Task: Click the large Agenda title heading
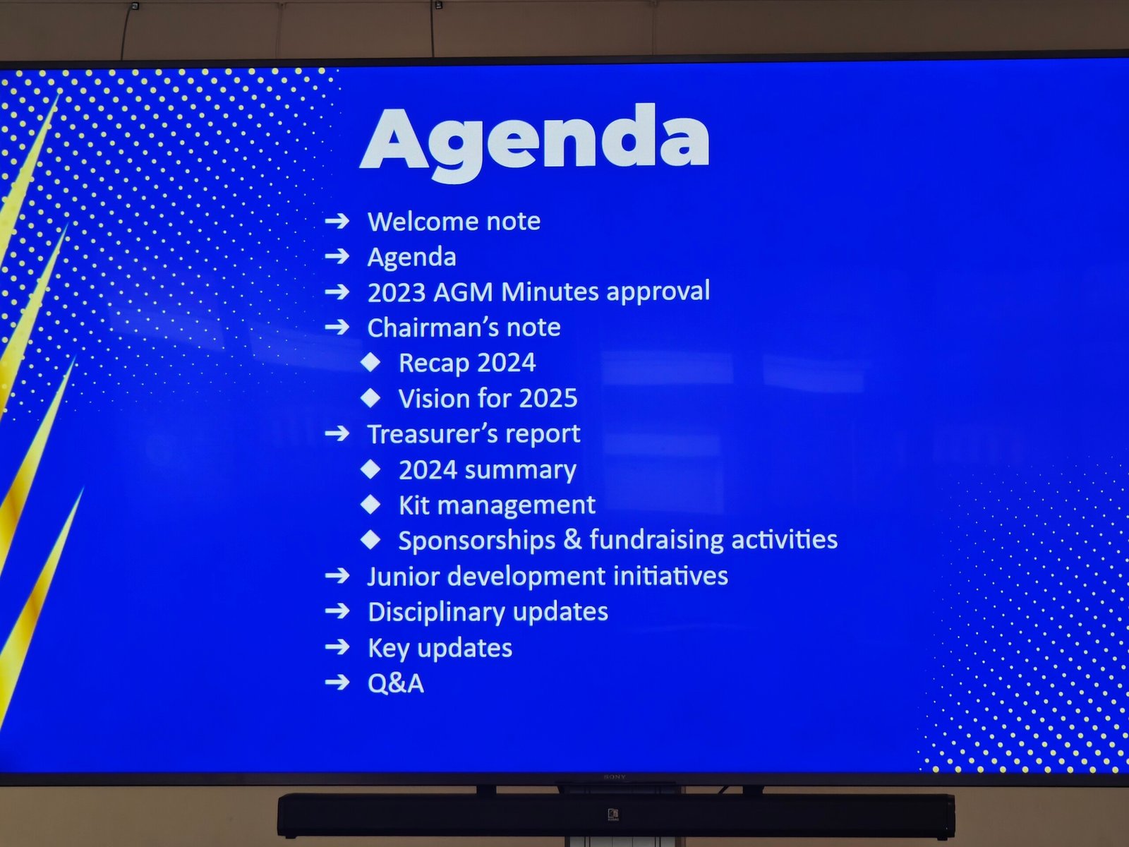click(535, 141)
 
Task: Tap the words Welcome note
click(454, 221)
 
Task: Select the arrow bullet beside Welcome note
click(337, 221)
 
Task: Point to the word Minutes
click(551, 292)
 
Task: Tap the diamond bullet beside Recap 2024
click(370, 363)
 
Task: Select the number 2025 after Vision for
click(548, 399)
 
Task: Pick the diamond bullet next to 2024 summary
click(370, 469)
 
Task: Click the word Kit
click(414, 505)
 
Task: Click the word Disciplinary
click(436, 613)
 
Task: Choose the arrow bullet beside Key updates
click(337, 647)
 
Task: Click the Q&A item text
click(396, 683)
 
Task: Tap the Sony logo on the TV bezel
click(614, 777)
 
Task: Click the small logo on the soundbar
click(613, 815)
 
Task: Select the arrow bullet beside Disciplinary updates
click(337, 611)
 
